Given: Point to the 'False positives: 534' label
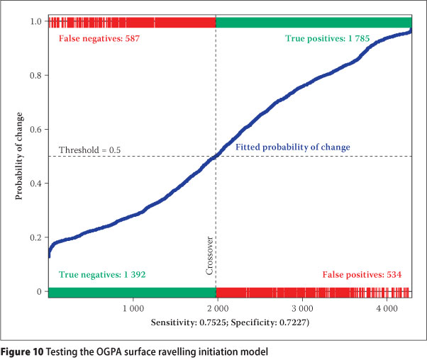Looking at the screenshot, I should [x=362, y=274].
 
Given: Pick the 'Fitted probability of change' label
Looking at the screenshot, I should [x=293, y=147].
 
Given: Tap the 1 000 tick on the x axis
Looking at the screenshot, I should [x=133, y=310].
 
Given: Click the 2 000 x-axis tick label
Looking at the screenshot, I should [x=217, y=310].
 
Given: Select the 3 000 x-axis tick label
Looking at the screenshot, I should [x=301, y=310].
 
